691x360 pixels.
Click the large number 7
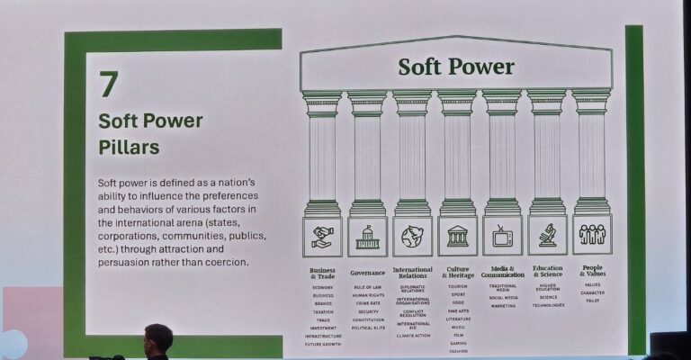click(x=110, y=85)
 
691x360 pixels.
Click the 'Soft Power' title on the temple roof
click(x=456, y=67)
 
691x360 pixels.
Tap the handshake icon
click(x=322, y=236)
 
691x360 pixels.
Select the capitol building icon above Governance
click(x=367, y=237)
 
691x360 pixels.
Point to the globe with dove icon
click(x=412, y=237)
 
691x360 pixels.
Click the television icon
click(x=502, y=237)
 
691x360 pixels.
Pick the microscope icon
click(x=547, y=236)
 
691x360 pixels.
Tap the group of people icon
click(x=592, y=235)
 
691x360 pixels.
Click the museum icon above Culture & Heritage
click(x=457, y=237)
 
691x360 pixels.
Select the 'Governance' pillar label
click(x=367, y=272)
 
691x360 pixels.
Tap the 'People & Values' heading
click(x=592, y=271)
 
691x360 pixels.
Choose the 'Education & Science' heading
click(x=547, y=271)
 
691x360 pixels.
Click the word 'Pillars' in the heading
click(x=129, y=146)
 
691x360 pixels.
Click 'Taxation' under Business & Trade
click(x=322, y=311)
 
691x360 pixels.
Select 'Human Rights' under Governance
click(x=367, y=295)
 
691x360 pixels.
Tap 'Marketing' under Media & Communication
click(x=502, y=306)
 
